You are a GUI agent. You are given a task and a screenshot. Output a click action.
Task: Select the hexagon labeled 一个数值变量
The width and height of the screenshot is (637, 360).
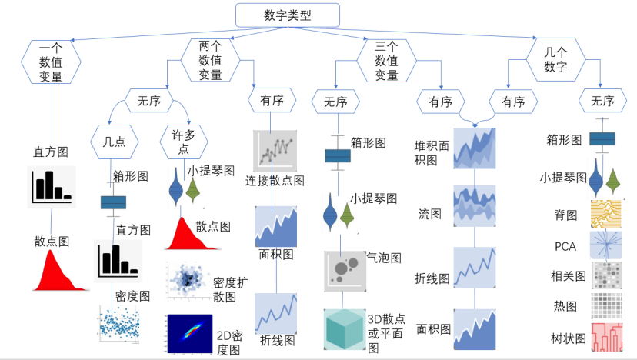[52, 62]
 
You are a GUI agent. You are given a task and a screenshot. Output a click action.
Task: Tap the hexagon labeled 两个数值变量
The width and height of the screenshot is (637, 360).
[210, 61]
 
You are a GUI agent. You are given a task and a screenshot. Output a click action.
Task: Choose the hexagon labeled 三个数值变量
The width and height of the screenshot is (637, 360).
[386, 61]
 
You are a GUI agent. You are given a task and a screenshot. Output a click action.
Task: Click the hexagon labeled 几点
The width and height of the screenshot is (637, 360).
[120, 141]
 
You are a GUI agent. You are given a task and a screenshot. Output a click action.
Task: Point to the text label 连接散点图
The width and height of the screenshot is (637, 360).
[275, 181]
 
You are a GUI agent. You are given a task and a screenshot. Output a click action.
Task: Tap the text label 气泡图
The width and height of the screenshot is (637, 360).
[384, 258]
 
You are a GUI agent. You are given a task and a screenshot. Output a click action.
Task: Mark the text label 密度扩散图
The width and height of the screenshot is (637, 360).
[231, 289]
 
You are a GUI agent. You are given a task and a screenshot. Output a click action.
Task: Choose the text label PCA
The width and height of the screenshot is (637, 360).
[565, 246]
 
